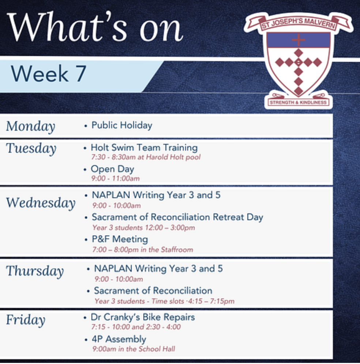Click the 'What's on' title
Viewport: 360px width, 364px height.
click(95, 27)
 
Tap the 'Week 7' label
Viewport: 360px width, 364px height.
click(49, 74)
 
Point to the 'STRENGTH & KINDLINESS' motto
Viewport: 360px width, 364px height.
click(298, 103)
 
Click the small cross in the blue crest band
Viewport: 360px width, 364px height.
click(299, 40)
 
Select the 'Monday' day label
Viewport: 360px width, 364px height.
click(31, 126)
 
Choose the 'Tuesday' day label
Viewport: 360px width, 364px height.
click(31, 149)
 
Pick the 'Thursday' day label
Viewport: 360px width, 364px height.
click(35, 271)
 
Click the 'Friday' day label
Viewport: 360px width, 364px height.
click(26, 320)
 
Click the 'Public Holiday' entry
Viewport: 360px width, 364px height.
click(122, 125)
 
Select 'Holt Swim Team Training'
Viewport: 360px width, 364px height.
click(144, 148)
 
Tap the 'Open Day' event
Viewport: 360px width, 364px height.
click(113, 169)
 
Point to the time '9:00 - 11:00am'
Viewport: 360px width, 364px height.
click(116, 178)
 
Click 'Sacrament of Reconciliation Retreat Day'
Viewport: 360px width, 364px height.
click(177, 217)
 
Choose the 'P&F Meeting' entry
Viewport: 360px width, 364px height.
click(120, 239)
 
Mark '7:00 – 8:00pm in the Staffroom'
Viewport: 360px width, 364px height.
click(143, 250)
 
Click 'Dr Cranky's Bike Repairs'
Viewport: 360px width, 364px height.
click(143, 317)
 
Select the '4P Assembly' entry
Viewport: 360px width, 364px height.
click(119, 339)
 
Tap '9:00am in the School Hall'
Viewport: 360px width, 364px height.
click(134, 349)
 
